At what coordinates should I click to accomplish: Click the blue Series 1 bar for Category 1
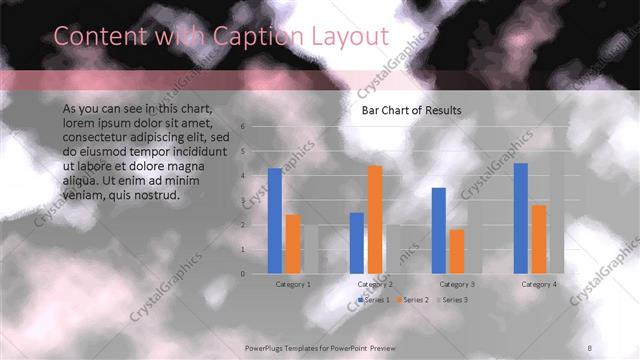click(x=274, y=220)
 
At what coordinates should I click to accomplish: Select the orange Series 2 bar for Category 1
click(x=292, y=243)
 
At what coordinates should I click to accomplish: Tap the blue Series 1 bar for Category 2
click(x=357, y=242)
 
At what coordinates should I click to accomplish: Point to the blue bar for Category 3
click(x=439, y=230)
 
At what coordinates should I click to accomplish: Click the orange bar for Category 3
click(x=457, y=251)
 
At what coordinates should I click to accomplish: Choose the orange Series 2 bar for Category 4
click(x=539, y=238)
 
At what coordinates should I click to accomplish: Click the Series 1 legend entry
click(x=375, y=300)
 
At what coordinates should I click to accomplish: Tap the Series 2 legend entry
click(x=414, y=300)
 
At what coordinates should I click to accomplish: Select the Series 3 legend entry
click(x=453, y=300)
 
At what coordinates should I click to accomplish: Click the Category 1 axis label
click(x=293, y=284)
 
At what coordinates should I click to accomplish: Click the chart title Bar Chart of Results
click(x=411, y=110)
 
